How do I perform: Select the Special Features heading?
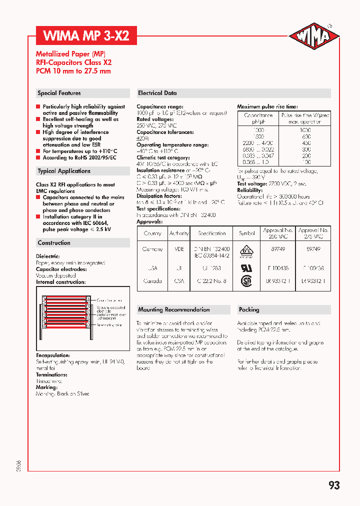(59, 93)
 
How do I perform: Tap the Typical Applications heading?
(64, 171)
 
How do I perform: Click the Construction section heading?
(54, 243)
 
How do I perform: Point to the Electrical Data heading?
(157, 93)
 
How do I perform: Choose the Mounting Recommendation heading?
(173, 309)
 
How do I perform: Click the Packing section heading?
(249, 309)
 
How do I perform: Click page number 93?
(334, 485)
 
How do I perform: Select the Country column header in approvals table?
(152, 233)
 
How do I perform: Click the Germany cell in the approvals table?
(152, 249)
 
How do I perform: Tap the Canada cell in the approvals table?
(152, 281)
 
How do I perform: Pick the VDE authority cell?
(179, 249)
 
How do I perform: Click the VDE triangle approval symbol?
(247, 250)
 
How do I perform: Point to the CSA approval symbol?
(247, 281)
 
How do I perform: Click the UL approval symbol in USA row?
(247, 266)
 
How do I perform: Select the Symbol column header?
(247, 233)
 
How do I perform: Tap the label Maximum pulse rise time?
(267, 107)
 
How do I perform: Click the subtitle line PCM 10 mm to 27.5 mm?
(73, 71)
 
